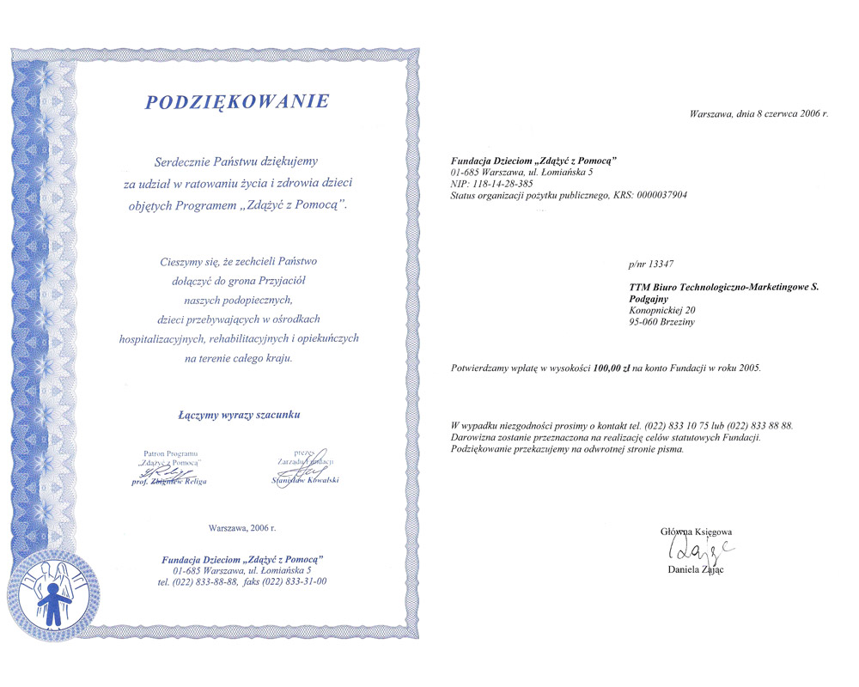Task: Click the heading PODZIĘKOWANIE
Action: (x=237, y=102)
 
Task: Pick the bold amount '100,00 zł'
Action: (x=612, y=368)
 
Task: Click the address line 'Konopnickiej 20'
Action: (x=662, y=309)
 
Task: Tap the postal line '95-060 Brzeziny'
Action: (x=662, y=321)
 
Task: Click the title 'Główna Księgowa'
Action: (x=696, y=532)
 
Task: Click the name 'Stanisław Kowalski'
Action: (x=305, y=480)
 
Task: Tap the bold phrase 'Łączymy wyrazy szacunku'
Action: (x=239, y=415)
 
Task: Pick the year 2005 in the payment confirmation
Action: (x=746, y=368)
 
